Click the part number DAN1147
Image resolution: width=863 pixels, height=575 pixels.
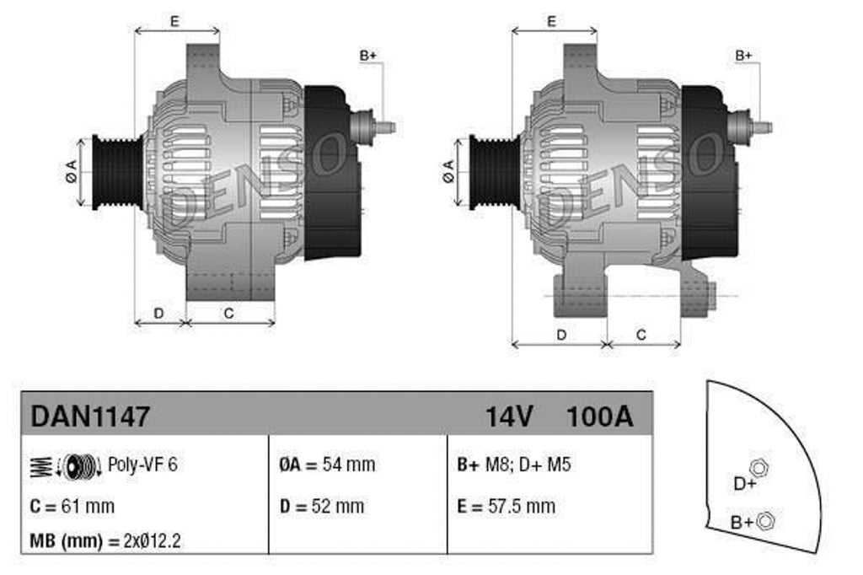point(90,416)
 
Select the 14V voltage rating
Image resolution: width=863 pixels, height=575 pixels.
point(509,416)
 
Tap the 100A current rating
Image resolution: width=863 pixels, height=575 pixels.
point(599,416)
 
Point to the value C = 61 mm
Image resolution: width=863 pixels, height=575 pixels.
point(72,506)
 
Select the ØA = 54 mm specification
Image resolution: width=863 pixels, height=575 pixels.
point(327,465)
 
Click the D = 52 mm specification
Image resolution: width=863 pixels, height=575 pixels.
point(321,506)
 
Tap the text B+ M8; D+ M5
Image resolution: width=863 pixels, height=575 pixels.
point(513,465)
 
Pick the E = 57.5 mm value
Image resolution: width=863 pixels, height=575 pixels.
point(506,506)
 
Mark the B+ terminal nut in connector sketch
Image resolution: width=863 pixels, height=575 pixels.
point(765,521)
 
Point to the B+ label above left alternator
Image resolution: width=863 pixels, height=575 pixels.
point(367,56)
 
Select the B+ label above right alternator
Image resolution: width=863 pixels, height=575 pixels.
point(743,56)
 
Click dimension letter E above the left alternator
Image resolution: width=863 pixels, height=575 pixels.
point(174,21)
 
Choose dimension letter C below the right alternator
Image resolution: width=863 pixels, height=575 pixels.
point(641,335)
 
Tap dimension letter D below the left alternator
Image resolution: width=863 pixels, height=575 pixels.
point(158,313)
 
